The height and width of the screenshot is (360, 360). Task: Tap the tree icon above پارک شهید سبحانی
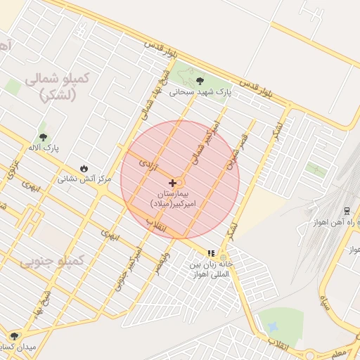(x=201, y=81)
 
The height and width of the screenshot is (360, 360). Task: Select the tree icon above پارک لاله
(x=44, y=137)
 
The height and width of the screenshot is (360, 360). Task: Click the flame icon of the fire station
(x=84, y=169)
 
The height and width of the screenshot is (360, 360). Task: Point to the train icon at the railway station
(x=347, y=211)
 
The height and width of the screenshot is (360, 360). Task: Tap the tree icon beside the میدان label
(x=14, y=335)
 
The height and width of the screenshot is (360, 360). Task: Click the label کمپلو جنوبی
(x=51, y=262)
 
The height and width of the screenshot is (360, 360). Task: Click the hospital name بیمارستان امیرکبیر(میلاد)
(x=174, y=198)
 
